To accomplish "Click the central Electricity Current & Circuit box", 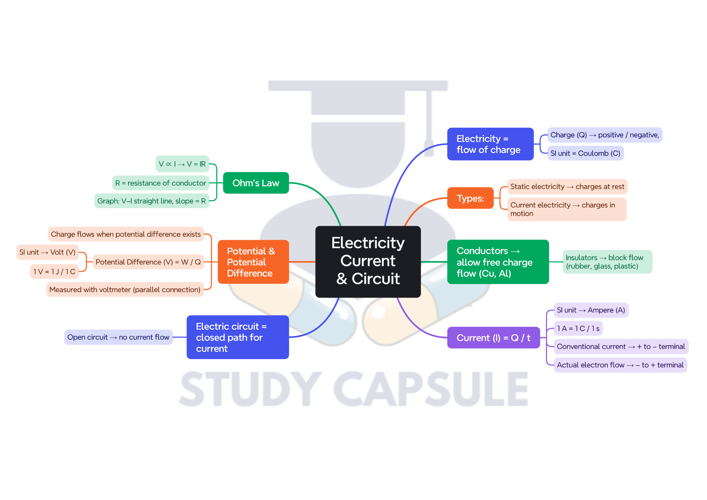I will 368,261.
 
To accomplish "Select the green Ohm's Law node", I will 255,183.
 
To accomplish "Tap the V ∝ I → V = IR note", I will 182,164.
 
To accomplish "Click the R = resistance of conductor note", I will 160,183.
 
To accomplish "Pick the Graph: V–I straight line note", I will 151,201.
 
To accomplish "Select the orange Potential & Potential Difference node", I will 253,262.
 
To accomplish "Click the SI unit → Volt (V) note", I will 47,252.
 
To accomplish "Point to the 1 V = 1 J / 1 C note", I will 54,272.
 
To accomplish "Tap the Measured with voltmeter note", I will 125,290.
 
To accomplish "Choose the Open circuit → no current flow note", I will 118,337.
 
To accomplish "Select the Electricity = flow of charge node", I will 490,144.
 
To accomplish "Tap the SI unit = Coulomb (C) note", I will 585,153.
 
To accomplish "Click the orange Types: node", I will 470,198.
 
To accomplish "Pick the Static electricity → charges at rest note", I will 567,187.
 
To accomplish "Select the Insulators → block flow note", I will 607,262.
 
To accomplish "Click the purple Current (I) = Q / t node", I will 493,338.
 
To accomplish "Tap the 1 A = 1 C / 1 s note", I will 578,329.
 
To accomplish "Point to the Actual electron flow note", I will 620,365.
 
